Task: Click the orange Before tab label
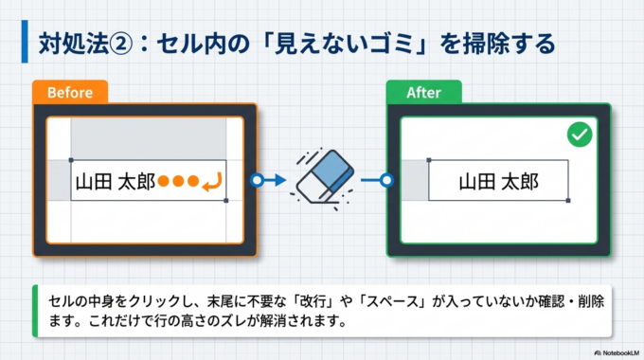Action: [69, 93]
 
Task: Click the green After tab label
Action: [424, 93]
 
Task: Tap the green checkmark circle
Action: [579, 136]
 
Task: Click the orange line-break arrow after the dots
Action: [214, 180]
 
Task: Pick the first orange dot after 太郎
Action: [164, 180]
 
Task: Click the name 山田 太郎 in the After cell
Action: [499, 181]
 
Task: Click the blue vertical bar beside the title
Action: [25, 44]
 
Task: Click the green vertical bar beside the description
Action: [35, 310]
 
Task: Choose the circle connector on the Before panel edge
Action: [257, 179]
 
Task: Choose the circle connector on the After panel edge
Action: [386, 179]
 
